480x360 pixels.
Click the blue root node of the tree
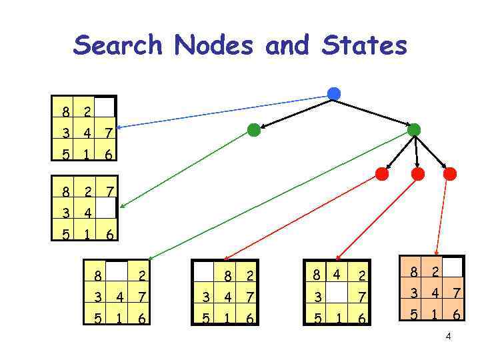(334, 94)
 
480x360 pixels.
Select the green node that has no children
(254, 130)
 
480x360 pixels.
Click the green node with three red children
(414, 129)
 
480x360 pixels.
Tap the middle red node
(418, 174)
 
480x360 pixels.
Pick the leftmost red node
(382, 174)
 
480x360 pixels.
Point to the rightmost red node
(450, 174)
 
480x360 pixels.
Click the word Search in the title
(118, 45)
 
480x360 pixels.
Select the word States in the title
(364, 45)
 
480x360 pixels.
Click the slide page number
(449, 336)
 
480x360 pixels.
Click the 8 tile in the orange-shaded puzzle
(415, 272)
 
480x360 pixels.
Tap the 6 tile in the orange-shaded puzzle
(456, 313)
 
